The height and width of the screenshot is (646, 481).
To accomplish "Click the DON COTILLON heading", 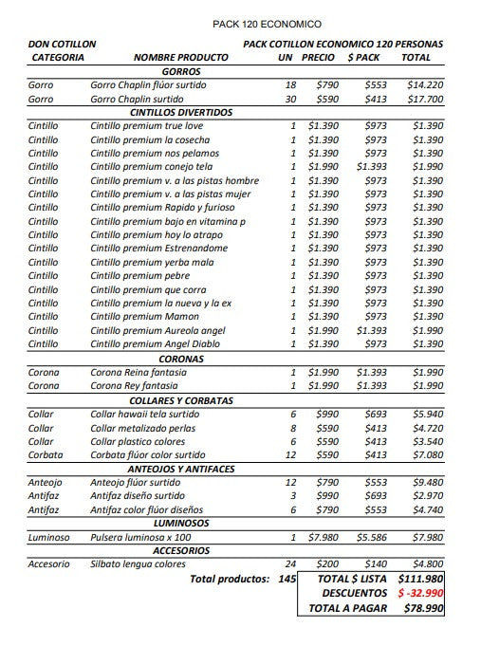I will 62,44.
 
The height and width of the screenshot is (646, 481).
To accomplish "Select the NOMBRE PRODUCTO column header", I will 181,58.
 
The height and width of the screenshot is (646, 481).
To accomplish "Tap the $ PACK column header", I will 363,58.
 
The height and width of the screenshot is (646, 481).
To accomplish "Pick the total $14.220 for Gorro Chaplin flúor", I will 424,84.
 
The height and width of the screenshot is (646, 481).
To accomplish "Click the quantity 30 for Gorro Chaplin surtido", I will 290,99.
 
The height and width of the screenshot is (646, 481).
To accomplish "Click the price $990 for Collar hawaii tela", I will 326,415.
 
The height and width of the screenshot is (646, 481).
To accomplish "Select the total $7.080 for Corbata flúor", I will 427,455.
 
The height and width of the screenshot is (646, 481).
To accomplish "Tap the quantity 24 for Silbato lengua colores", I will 290,564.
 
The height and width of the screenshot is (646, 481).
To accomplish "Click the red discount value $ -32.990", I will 419,593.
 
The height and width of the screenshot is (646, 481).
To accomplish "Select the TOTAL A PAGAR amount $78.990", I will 422,608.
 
